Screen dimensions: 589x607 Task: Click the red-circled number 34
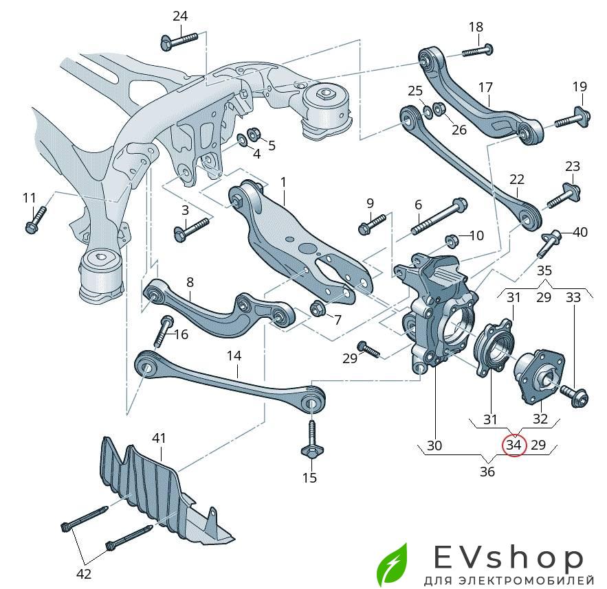pyautogui.click(x=514, y=446)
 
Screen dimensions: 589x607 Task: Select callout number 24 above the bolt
pyautogui.click(x=179, y=16)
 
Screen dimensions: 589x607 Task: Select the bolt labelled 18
pyautogui.click(x=479, y=49)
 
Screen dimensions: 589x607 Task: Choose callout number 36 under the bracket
pyautogui.click(x=487, y=472)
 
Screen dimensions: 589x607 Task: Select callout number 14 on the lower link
pyautogui.click(x=234, y=356)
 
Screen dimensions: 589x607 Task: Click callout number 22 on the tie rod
pyautogui.click(x=517, y=180)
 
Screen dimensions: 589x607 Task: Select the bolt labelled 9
pyautogui.click(x=372, y=222)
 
